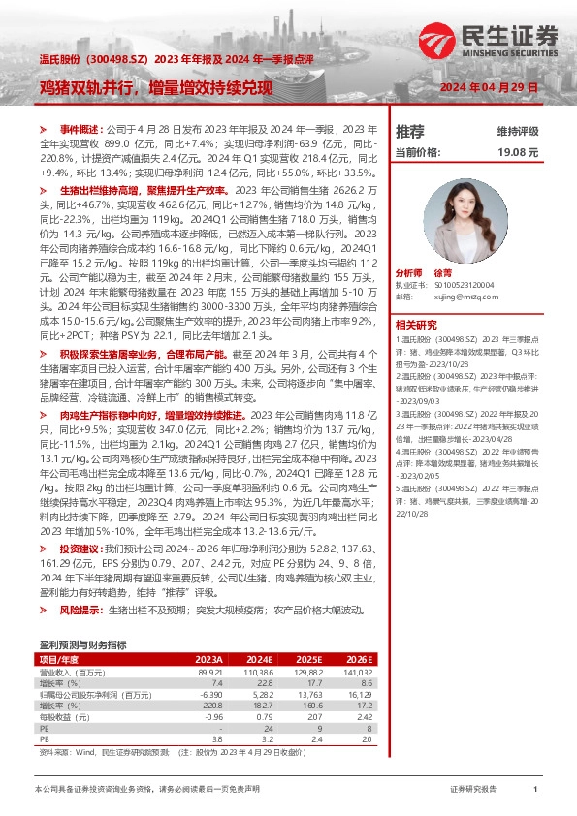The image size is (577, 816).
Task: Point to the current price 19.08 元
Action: click(x=517, y=152)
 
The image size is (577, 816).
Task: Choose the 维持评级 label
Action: click(x=518, y=130)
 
